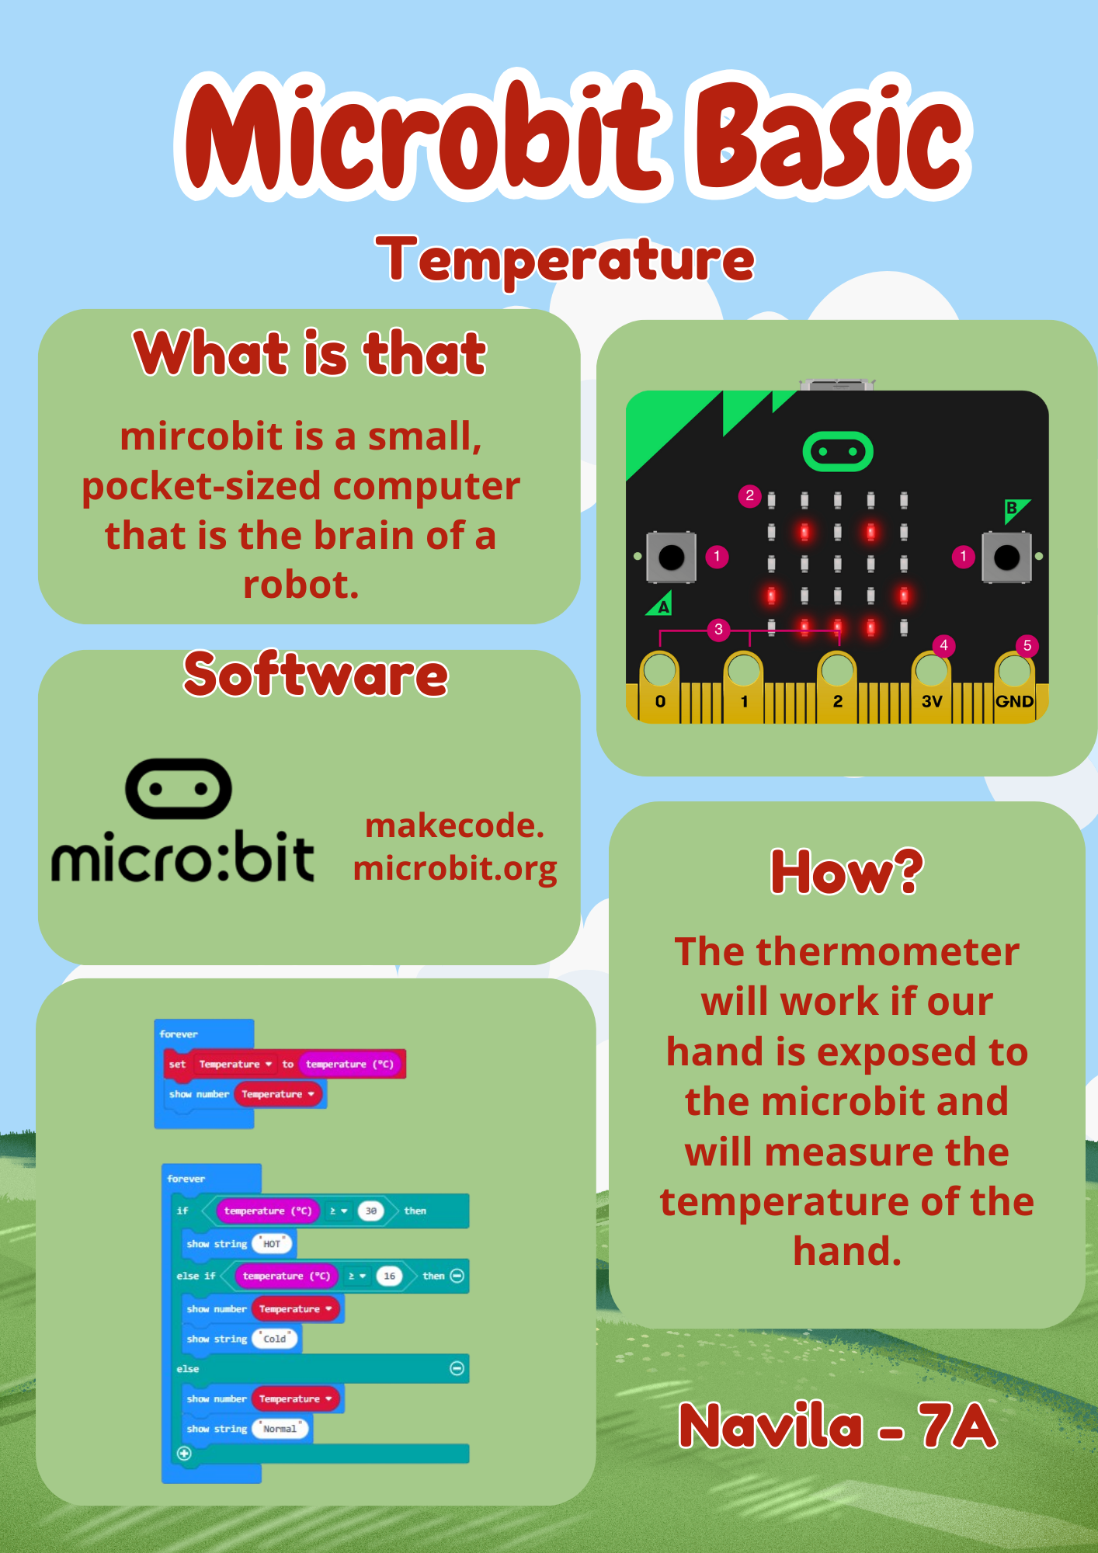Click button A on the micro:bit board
[x=672, y=557]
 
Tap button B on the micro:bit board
[x=1006, y=557]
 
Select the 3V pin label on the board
[x=932, y=701]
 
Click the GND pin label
[x=1014, y=701]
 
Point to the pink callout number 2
[x=749, y=495]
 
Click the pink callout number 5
[x=1027, y=645]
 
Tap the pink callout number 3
[x=718, y=629]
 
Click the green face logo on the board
[x=838, y=451]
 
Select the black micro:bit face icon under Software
[x=179, y=789]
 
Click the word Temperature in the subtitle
[x=565, y=259]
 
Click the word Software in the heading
[x=315, y=674]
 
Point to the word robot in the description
[x=301, y=585]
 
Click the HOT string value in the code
[x=272, y=1244]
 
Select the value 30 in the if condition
[x=371, y=1211]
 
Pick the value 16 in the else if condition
[x=390, y=1276]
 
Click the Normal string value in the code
[x=280, y=1429]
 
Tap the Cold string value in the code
[x=275, y=1339]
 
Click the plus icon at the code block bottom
[x=184, y=1454]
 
